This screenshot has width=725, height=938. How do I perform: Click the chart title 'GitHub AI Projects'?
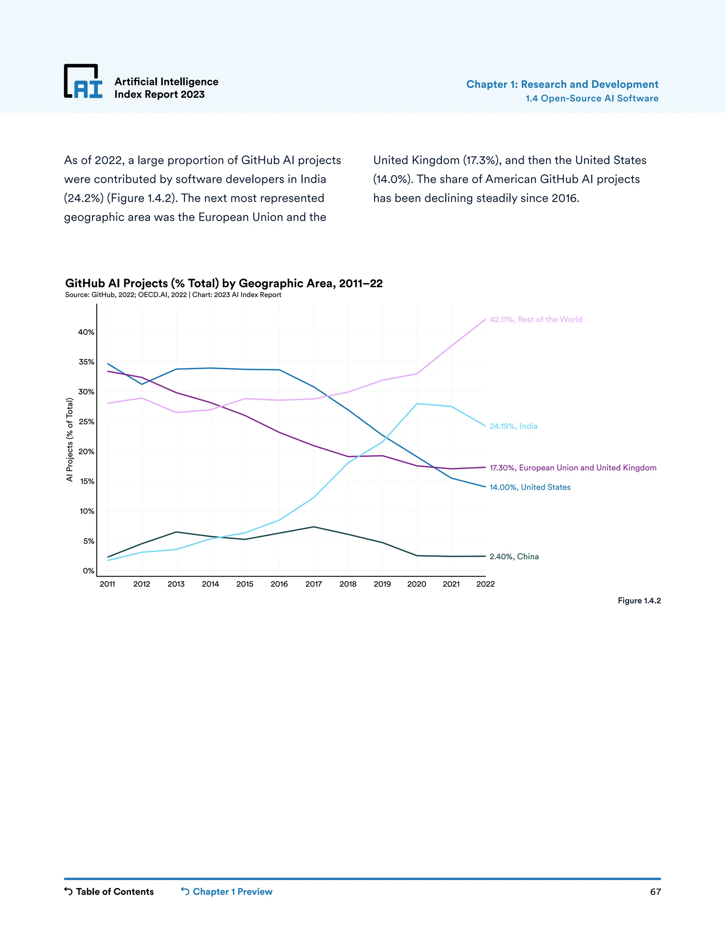pos(223,283)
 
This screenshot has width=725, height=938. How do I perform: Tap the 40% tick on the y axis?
pos(86,332)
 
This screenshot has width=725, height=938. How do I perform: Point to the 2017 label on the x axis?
pos(314,584)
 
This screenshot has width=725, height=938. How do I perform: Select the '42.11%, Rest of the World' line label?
pos(536,320)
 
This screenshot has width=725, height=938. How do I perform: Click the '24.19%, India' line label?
pos(513,426)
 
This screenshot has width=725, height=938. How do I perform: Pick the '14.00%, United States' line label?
pos(530,487)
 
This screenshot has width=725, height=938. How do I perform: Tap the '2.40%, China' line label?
pos(514,557)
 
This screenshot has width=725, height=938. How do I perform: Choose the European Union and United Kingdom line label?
pos(573,468)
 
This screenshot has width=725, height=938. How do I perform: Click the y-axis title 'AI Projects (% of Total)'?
pos(70,439)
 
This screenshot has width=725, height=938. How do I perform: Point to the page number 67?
pos(655,892)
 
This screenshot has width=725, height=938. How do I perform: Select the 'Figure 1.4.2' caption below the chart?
pos(639,600)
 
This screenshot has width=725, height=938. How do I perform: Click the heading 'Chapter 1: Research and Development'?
pos(562,84)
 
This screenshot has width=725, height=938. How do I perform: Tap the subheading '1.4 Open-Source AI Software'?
pos(592,98)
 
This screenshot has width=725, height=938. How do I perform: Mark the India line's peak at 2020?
pos(417,404)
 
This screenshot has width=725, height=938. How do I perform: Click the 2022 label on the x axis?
pos(485,584)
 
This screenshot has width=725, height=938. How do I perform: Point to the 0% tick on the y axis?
pos(88,571)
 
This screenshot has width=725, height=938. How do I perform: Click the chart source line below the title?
pos(173,294)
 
